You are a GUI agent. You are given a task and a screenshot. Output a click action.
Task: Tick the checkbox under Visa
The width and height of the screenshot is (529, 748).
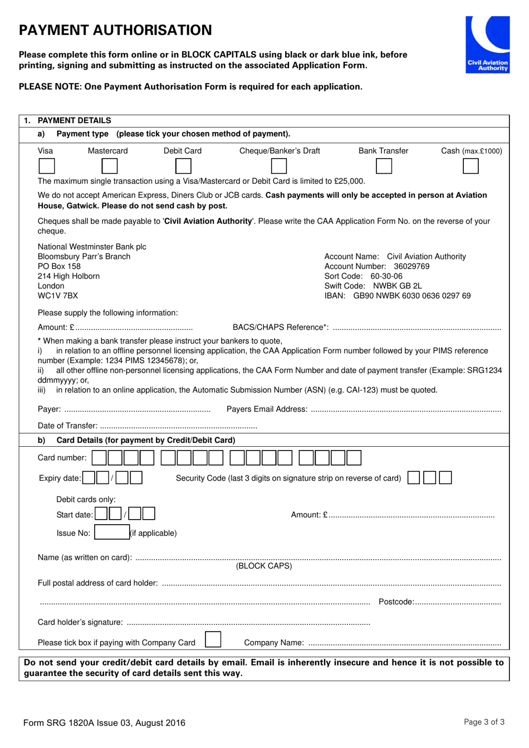46,166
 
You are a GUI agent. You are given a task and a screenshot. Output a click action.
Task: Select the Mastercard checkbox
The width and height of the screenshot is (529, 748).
110,166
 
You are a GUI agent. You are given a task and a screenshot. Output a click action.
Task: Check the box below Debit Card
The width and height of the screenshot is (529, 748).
183,166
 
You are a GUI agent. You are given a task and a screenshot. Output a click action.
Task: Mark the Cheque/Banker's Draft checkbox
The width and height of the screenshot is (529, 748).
279,166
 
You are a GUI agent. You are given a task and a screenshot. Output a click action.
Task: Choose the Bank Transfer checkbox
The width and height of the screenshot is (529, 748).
384,166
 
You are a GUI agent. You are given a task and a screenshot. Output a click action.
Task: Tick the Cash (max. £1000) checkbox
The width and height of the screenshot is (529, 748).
471,166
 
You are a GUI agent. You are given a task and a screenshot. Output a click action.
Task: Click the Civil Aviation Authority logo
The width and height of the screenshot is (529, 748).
488,45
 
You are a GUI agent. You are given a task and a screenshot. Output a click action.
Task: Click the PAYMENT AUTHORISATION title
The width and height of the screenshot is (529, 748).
115,30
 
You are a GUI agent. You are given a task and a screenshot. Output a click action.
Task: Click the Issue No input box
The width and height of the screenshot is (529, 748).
111,532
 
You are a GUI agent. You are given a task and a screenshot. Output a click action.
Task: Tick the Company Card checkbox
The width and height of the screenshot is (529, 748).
213,639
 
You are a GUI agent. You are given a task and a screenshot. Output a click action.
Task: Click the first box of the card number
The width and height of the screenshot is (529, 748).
99,458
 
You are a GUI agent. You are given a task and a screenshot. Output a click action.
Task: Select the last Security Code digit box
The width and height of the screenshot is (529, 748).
445,477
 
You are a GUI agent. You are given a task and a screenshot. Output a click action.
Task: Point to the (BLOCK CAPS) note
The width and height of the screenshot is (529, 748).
264,566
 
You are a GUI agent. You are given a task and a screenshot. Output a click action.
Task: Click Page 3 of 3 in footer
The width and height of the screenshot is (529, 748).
484,722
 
